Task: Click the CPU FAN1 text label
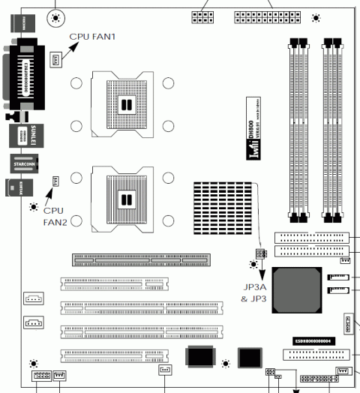[92, 35]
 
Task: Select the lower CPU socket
[124, 199]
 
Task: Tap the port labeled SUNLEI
[19, 136]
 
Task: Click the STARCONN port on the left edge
[19, 162]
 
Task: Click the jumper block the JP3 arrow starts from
[260, 253]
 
